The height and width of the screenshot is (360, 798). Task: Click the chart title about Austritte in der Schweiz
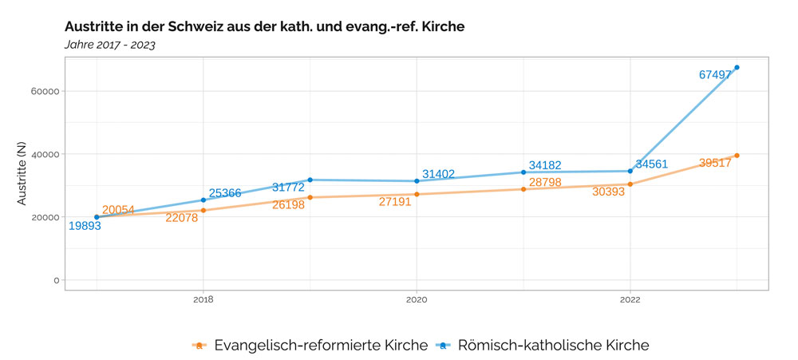pos(264,26)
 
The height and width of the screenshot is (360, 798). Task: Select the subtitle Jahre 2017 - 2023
pos(109,45)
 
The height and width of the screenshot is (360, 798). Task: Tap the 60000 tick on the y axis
pos(43,91)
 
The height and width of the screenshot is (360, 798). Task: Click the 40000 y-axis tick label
pos(43,154)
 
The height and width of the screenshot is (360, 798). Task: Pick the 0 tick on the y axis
pos(55,280)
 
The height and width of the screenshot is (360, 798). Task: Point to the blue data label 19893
pos(85,226)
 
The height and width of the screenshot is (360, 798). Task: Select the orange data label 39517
pos(715,163)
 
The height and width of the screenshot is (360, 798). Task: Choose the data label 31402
pos(439,174)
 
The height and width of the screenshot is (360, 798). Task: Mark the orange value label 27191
pos(395,202)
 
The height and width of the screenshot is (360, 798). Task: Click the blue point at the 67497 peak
pos(737,67)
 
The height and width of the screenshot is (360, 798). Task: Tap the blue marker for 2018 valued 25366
pos(203,200)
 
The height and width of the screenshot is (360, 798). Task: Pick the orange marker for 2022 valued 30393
pos(630,184)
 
